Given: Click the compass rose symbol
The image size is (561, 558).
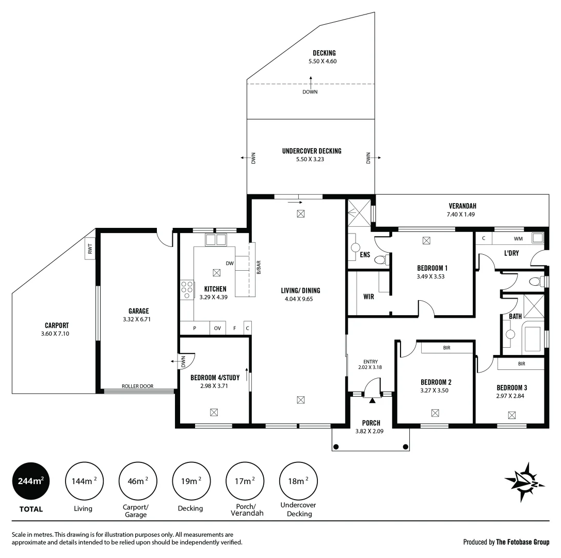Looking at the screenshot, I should (x=525, y=482).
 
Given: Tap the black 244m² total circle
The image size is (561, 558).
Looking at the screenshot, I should (x=30, y=481).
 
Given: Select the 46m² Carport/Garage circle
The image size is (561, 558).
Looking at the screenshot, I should (x=137, y=481).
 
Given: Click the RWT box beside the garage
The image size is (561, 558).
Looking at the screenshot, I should (x=90, y=250).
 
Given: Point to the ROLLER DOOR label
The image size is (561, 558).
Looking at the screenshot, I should (x=137, y=386).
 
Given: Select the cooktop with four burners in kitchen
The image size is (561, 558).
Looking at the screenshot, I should (x=187, y=290).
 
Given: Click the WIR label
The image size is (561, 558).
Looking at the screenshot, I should (x=368, y=297).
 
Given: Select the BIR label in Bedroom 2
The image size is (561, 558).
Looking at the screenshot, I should (x=446, y=348).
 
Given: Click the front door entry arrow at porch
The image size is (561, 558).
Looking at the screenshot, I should (x=372, y=400).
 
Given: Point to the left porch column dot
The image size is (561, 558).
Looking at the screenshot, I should (x=336, y=446).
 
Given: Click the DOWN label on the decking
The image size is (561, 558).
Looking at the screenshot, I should (x=310, y=92).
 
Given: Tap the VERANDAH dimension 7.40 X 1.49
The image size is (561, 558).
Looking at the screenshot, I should (x=462, y=214).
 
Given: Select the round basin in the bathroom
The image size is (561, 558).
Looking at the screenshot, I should (x=510, y=334).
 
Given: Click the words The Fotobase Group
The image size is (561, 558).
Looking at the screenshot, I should (x=522, y=542).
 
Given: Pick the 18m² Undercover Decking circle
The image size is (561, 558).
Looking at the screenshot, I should (x=298, y=481).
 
